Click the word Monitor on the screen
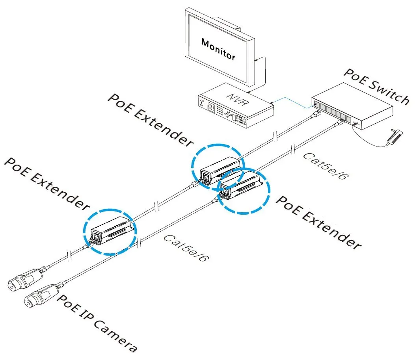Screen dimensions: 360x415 (218, 49)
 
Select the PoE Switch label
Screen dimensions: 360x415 (376, 87)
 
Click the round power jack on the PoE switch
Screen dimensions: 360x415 (356, 124)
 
